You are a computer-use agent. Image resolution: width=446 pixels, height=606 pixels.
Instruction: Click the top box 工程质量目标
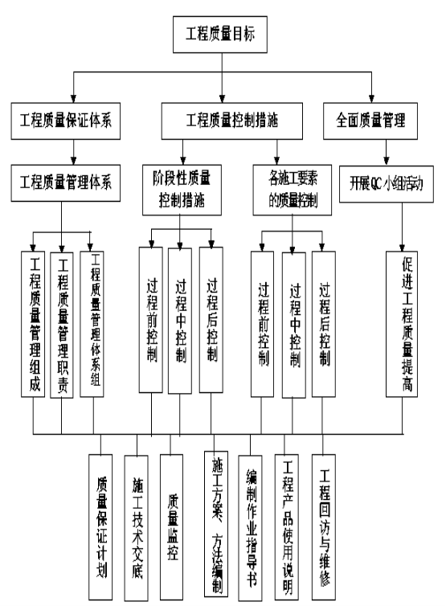pos(220,35)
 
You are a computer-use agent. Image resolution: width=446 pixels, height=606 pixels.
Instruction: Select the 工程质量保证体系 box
pos(66,121)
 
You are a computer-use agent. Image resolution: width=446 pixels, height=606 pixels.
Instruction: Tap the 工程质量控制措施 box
pos(232,121)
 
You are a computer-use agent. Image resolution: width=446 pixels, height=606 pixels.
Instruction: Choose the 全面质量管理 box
pos(370,121)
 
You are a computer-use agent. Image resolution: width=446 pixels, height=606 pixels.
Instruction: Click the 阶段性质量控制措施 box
pos(182,190)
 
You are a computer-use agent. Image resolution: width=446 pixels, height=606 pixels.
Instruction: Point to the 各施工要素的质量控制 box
pos(293,190)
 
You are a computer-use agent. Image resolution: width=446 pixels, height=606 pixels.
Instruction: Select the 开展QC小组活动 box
pos(387,184)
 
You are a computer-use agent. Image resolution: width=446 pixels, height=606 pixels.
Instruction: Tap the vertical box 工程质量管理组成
pos(33,324)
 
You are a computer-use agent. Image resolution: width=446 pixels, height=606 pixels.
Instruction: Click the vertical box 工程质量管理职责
pos(62,325)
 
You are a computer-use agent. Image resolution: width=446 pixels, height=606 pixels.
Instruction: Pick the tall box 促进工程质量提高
pos(402,324)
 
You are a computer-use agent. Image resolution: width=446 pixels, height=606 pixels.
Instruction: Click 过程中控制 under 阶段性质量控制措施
pos(180,321)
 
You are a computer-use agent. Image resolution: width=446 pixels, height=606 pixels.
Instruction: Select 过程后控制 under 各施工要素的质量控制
pos(324,324)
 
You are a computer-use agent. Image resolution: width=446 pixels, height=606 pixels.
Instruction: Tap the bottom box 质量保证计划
pos(100,527)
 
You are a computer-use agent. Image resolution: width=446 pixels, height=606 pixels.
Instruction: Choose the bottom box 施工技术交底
pos(136,528)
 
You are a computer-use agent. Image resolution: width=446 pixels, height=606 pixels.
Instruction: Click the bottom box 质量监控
pos(172,527)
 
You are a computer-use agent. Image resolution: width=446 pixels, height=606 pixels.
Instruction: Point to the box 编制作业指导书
pos(250,528)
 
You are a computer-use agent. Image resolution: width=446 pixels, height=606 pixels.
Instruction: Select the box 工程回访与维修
pos(324,527)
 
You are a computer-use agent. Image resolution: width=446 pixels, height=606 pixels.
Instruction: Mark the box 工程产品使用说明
pos(287,527)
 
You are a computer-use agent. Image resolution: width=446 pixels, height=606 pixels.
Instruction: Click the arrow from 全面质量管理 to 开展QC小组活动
pos(386,153)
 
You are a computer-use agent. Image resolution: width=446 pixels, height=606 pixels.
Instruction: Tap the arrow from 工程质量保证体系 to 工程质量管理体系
pos(73,152)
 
